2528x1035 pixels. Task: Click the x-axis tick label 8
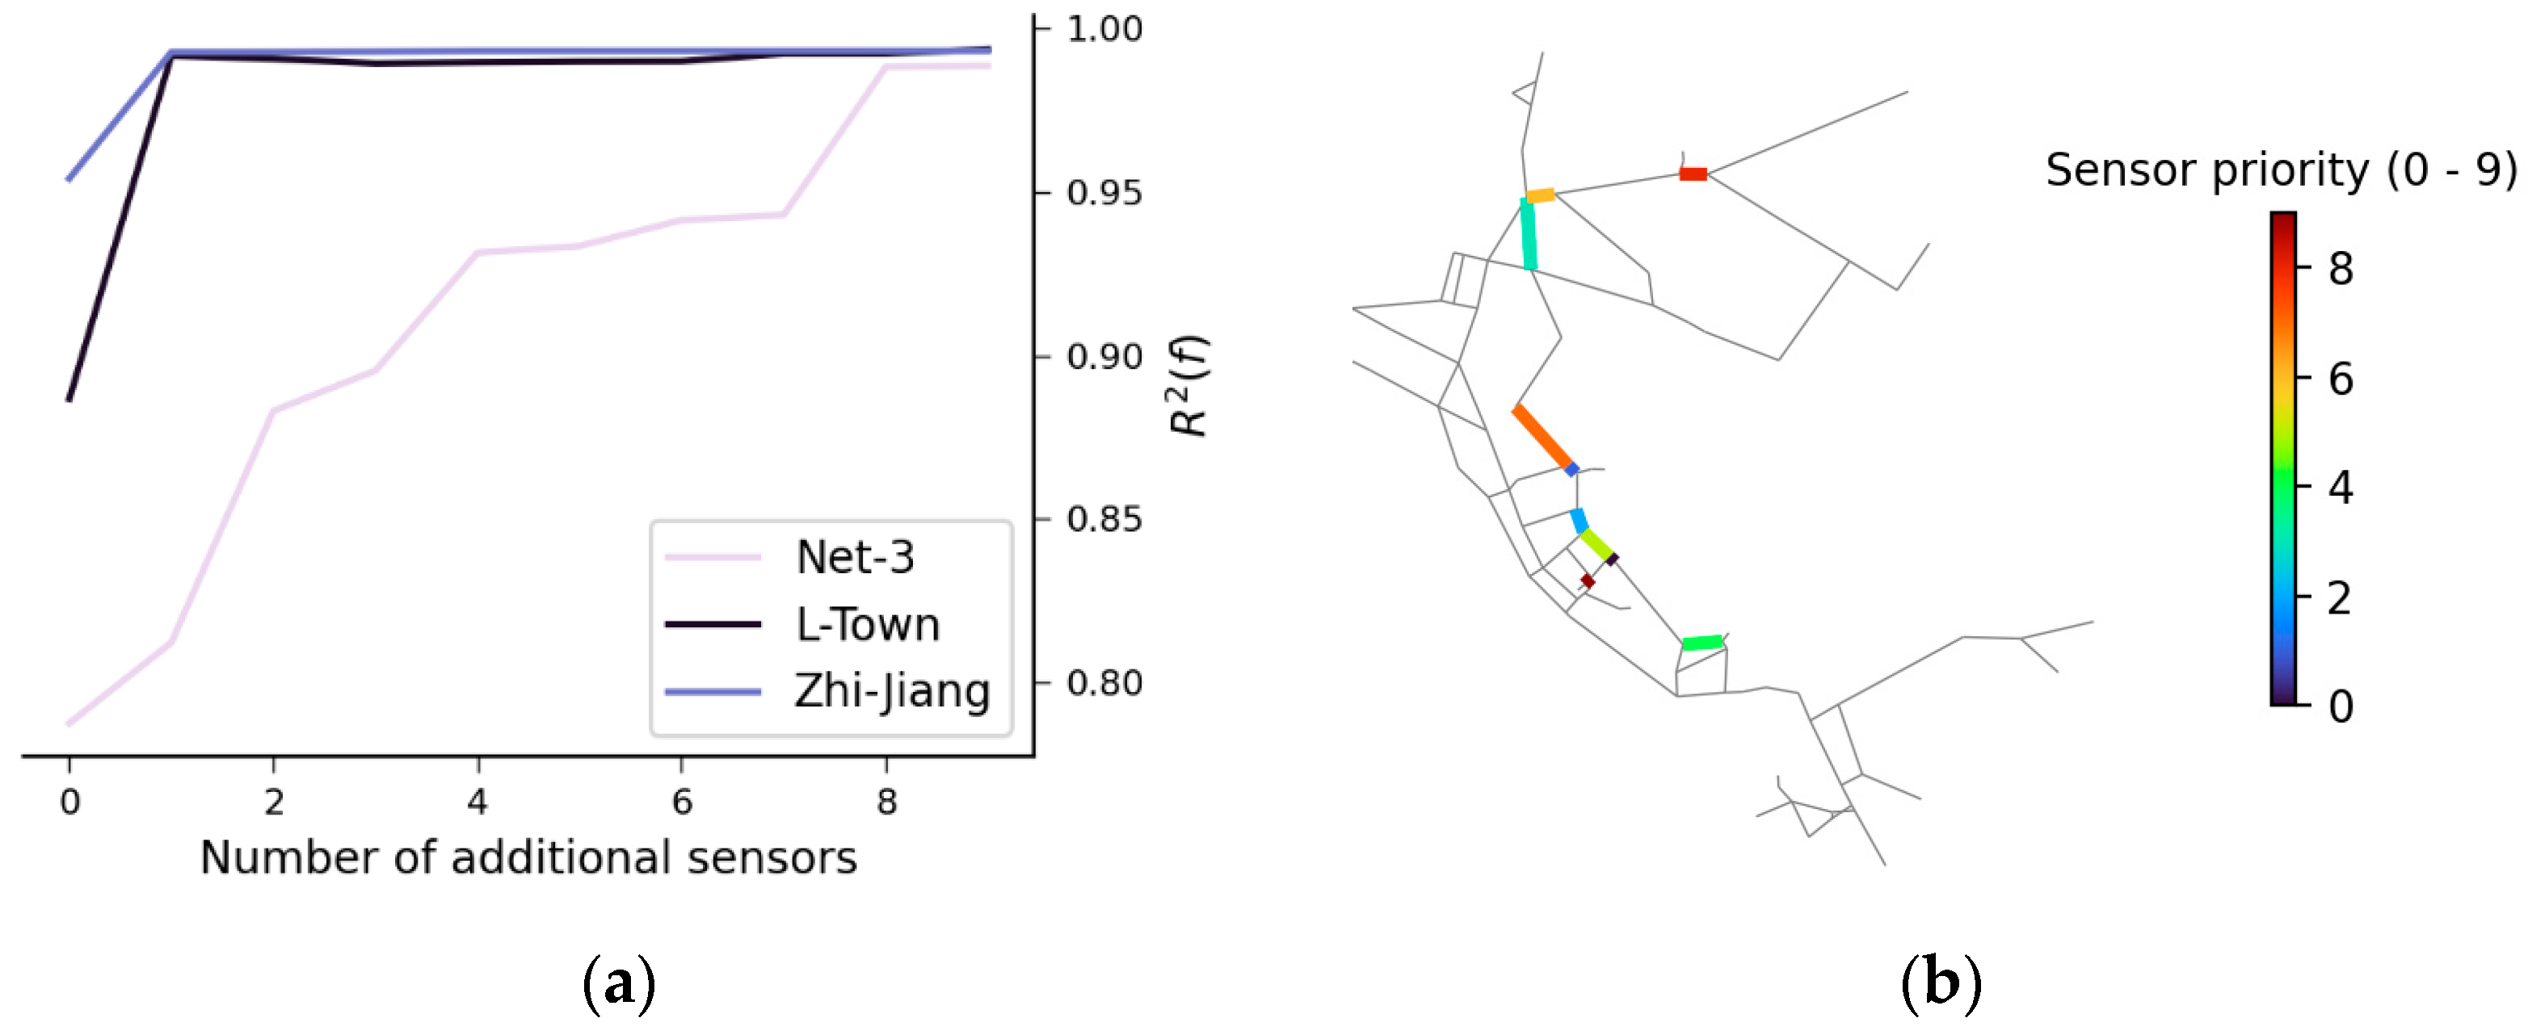tap(886, 802)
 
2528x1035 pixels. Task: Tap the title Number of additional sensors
tap(528, 857)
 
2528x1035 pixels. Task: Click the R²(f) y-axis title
tap(1188, 386)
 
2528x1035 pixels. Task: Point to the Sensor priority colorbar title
tap(2280, 170)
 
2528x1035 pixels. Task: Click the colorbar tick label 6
tap(2341, 379)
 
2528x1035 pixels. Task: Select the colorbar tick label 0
tap(2341, 706)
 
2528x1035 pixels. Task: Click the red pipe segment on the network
tap(1693, 174)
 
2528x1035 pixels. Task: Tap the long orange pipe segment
tap(1542, 437)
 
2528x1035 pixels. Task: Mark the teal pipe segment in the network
tap(1528, 233)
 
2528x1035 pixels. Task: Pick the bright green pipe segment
tap(1702, 643)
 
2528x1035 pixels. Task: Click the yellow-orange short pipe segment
tap(1540, 195)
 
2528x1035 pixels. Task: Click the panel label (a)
tap(618, 982)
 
